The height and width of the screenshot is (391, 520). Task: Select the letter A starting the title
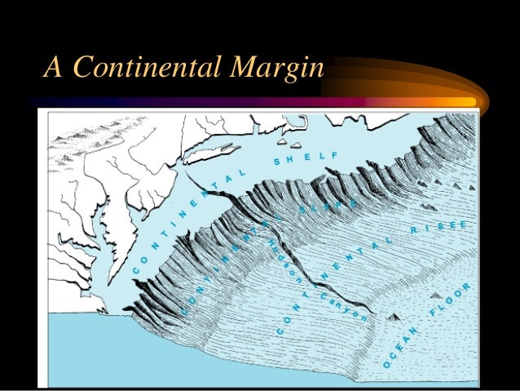click(53, 69)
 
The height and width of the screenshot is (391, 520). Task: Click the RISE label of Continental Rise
click(439, 228)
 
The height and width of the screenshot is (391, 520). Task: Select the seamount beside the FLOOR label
click(437, 294)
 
